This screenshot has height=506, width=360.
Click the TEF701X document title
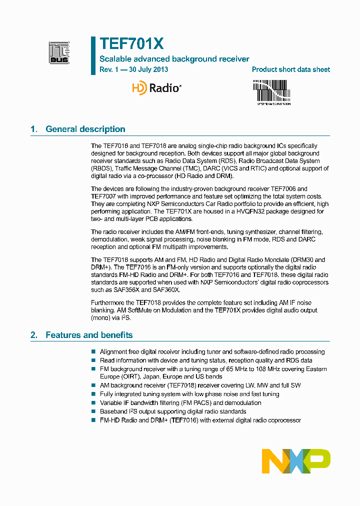[131, 44]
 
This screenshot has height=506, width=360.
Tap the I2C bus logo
[59, 52]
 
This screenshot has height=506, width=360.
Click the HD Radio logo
[156, 88]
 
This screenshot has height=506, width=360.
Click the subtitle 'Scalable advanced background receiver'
[174, 59]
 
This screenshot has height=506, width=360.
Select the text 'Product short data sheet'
[290, 70]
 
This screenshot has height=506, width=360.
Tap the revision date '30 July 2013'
[148, 70]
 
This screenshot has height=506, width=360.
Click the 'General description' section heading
[85, 129]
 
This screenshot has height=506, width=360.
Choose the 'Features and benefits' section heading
[89, 335]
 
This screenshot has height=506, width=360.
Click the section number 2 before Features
[34, 335]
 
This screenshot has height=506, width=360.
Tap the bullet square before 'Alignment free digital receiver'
[93, 352]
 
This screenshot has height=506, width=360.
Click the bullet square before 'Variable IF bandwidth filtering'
[93, 403]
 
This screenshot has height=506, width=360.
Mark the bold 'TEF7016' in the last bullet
[184, 420]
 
